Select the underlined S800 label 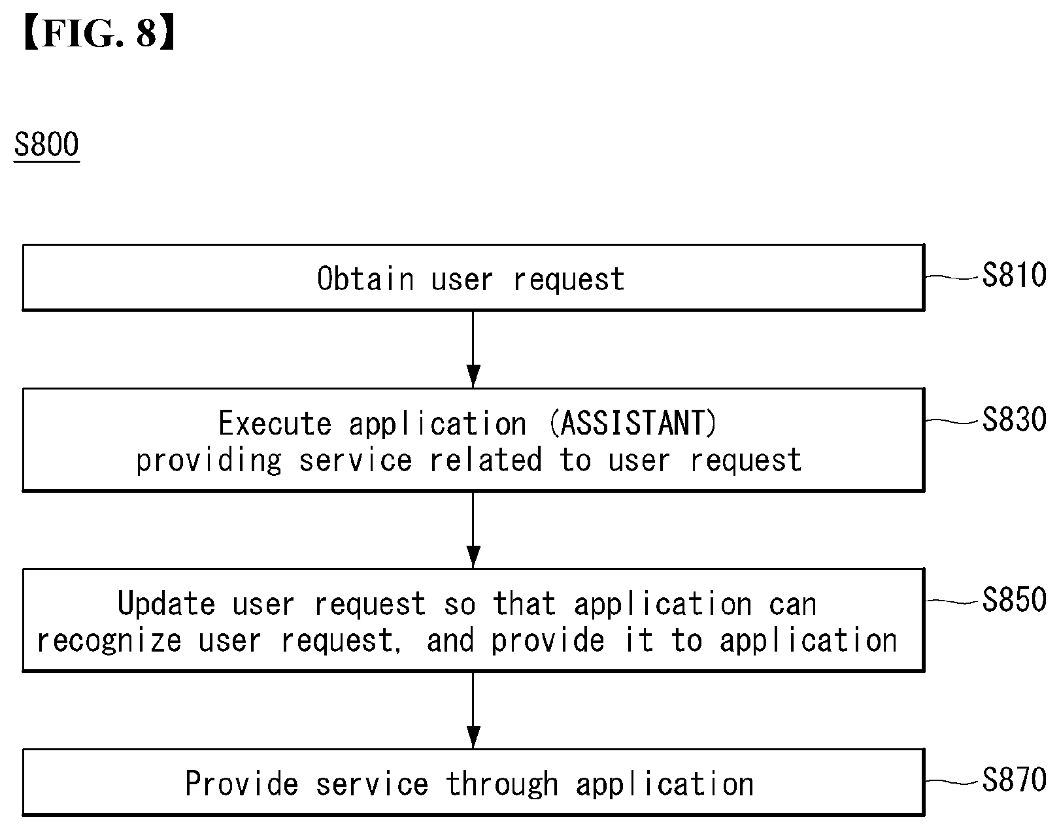point(46,144)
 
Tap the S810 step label point(1014,275)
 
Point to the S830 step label point(1014,420)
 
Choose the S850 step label point(1014,599)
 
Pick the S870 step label point(1014,780)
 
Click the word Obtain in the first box point(365,278)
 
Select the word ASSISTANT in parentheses point(633,423)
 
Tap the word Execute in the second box point(275,423)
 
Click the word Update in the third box point(166,603)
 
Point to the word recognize point(109,641)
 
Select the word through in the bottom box point(502,785)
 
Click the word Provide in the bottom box point(242,784)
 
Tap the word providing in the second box point(209,461)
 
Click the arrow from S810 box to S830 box point(473,349)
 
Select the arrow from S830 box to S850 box point(473,529)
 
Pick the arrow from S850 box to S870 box point(473,710)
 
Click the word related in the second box point(486,460)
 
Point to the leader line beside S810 point(951,278)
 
